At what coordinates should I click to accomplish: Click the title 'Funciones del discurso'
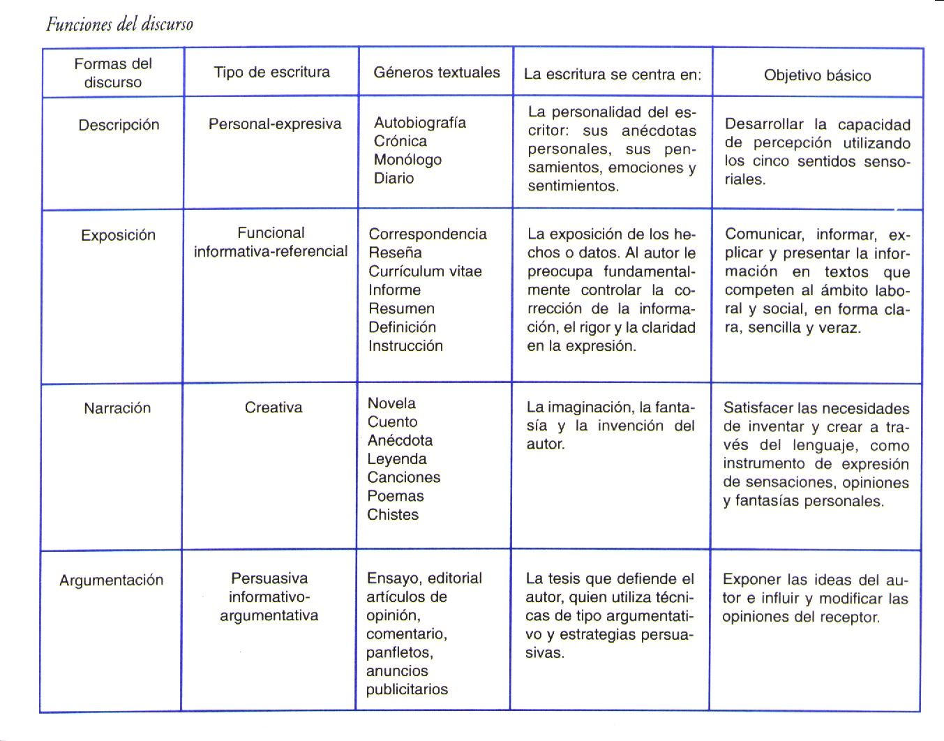[119, 24]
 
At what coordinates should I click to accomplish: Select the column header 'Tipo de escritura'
[271, 72]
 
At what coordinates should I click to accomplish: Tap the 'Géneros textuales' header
[437, 72]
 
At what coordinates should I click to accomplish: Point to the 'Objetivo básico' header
[817, 75]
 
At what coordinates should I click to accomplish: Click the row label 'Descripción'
[119, 125]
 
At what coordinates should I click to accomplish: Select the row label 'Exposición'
[118, 235]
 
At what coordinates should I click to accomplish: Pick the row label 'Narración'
[117, 408]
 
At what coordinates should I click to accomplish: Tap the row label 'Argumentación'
[112, 580]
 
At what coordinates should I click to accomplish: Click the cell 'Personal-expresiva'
[275, 124]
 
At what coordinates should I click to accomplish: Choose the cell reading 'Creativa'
[274, 407]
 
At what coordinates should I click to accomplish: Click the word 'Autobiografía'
[420, 122]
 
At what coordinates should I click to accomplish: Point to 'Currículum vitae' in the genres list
[425, 271]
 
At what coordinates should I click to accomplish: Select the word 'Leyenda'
[397, 459]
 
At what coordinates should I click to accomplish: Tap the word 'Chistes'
[393, 515]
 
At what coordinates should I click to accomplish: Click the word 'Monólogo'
[407, 159]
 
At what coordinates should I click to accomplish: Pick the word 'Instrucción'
[405, 345]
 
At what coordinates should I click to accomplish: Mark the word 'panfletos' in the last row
[398, 652]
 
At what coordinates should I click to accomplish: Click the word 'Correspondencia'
[428, 234]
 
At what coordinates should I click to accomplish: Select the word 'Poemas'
[396, 496]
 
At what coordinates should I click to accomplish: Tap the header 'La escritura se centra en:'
[613, 74]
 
